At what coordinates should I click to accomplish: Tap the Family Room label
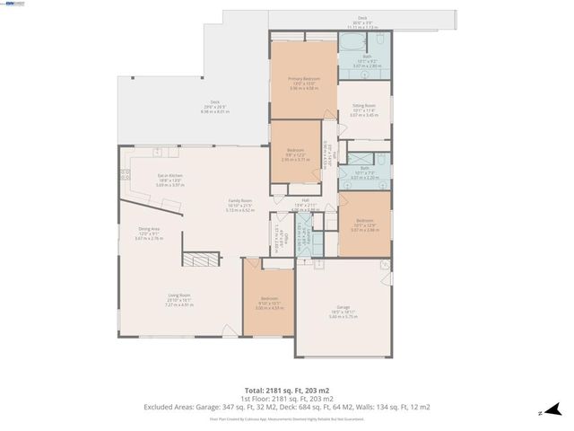(x=239, y=204)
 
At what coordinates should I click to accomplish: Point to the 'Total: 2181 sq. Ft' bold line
(x=286, y=391)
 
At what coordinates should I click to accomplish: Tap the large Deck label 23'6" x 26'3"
(x=215, y=105)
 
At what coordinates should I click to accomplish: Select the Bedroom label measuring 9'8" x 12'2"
(x=296, y=154)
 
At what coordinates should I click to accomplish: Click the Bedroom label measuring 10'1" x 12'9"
(x=364, y=224)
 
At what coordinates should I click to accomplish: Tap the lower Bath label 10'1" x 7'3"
(x=364, y=171)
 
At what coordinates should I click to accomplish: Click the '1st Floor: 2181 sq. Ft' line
(x=286, y=399)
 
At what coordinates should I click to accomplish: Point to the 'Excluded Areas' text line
(x=286, y=407)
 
